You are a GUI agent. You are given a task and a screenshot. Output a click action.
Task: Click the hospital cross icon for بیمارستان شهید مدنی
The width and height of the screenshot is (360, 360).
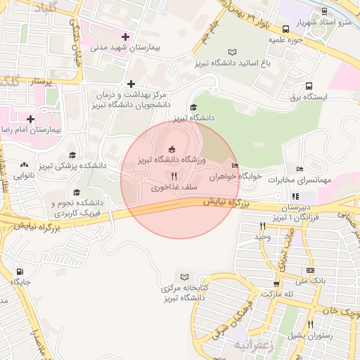pos(126,37)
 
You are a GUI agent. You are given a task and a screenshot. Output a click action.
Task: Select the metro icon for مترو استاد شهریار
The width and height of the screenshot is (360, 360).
pos(324,11)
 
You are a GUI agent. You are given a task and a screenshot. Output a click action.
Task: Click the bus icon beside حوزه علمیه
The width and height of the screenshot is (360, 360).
pos(285,30)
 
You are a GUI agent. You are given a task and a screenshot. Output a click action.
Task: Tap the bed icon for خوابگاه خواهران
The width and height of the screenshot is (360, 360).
pos(235,167)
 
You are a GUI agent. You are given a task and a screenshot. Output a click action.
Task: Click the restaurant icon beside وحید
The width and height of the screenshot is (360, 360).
pos(262,226)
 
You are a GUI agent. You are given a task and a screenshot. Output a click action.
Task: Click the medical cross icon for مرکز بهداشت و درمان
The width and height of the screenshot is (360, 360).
pos(131,84)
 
